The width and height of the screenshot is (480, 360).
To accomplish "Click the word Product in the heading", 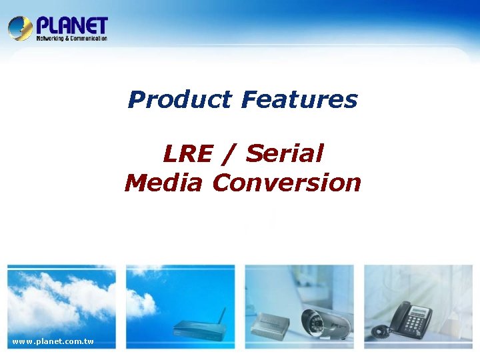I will click(x=180, y=100).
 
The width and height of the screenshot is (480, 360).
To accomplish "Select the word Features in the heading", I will click(x=299, y=100).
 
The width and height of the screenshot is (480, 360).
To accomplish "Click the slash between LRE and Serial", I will click(x=230, y=154).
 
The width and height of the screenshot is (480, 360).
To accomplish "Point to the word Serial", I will click(x=285, y=154).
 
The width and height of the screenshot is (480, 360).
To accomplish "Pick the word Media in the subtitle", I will click(x=163, y=183).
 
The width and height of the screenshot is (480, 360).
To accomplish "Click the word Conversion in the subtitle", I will click(x=287, y=183).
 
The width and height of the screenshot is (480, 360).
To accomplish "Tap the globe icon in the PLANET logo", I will click(x=20, y=29).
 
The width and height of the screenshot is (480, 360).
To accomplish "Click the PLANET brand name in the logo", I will click(x=71, y=25).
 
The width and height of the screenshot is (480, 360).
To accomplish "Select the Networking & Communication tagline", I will click(x=71, y=39).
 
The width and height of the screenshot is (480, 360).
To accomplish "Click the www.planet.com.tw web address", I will click(x=53, y=342).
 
